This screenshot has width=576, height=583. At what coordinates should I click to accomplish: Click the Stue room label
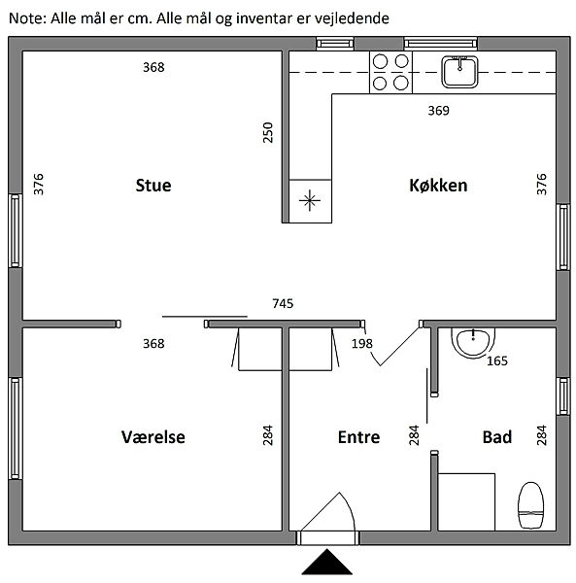[153, 186]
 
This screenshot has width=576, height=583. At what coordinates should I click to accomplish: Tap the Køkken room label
[438, 186]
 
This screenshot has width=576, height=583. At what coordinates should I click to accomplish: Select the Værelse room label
[153, 437]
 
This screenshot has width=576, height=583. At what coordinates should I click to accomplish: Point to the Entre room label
[358, 437]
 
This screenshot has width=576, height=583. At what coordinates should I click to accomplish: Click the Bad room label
[497, 437]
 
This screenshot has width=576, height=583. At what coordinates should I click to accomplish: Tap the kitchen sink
[459, 72]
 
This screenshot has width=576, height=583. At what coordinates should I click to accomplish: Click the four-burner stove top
[390, 72]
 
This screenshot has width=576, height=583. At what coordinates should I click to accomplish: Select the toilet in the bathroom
[530, 505]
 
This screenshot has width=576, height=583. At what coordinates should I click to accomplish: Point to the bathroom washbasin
[473, 343]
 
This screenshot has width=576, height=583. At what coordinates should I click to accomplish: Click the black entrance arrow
[327, 562]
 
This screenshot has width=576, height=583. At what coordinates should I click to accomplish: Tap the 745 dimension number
[283, 304]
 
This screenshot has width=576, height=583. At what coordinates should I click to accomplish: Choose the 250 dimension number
[267, 132]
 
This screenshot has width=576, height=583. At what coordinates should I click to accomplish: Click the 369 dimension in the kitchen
[438, 111]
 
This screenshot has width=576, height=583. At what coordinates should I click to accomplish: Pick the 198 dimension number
[362, 344]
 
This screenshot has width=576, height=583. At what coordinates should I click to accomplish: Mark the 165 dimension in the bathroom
[497, 360]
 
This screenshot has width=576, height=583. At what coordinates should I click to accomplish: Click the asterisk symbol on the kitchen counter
[310, 201]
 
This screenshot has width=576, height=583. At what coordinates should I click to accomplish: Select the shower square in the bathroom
[466, 502]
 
